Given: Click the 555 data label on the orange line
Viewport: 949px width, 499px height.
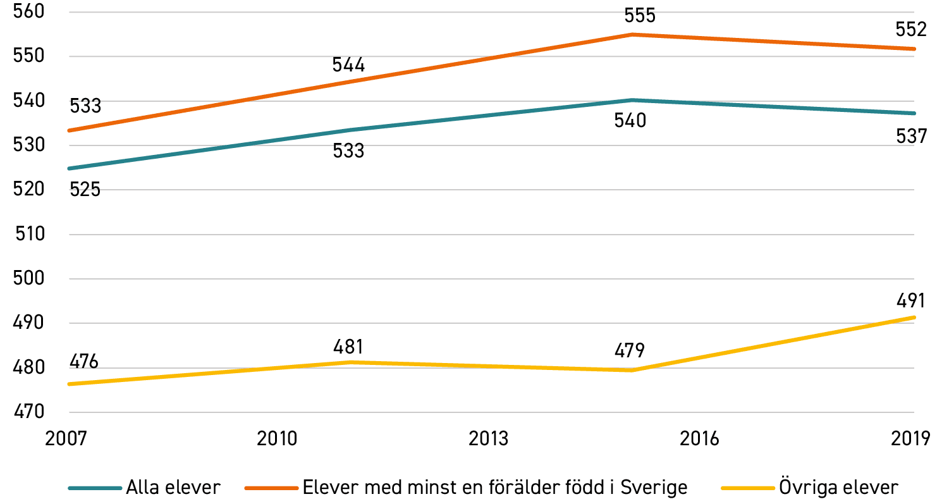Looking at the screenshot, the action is pyautogui.click(x=640, y=16).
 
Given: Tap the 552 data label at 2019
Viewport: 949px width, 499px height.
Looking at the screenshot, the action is pyautogui.click(x=911, y=30).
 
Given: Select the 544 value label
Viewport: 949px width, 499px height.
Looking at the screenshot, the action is pyautogui.click(x=348, y=65).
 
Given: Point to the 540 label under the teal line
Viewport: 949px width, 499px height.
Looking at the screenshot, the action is pyautogui.click(x=630, y=121).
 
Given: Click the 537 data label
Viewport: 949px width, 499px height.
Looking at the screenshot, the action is pyautogui.click(x=911, y=137).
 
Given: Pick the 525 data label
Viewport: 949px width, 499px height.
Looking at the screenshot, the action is pyautogui.click(x=85, y=190).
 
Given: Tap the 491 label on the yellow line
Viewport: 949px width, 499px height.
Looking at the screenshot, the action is pyautogui.click(x=910, y=301).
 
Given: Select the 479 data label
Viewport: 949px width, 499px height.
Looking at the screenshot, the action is pyautogui.click(x=630, y=351).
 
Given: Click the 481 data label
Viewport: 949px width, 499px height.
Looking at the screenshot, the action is pyautogui.click(x=348, y=347).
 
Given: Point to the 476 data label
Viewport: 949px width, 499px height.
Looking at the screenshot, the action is pyautogui.click(x=84, y=362).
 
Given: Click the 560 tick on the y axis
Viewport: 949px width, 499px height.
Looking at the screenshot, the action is pyautogui.click(x=29, y=11).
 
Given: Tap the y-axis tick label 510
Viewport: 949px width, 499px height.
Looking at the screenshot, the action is pyautogui.click(x=30, y=234).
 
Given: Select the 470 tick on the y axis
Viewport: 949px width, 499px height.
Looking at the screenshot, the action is pyautogui.click(x=29, y=412).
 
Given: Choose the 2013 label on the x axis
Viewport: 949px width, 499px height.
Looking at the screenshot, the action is pyautogui.click(x=488, y=439).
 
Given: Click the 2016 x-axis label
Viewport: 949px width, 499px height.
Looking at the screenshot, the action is pyautogui.click(x=699, y=439).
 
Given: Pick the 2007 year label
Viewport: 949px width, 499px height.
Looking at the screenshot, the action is pyautogui.click(x=66, y=439).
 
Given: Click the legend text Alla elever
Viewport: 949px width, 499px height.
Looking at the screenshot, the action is pyautogui.click(x=173, y=488).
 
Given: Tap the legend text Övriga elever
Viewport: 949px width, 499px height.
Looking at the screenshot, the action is pyautogui.click(x=838, y=487).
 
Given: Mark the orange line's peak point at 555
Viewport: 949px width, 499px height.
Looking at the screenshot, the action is pyautogui.click(x=632, y=34).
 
